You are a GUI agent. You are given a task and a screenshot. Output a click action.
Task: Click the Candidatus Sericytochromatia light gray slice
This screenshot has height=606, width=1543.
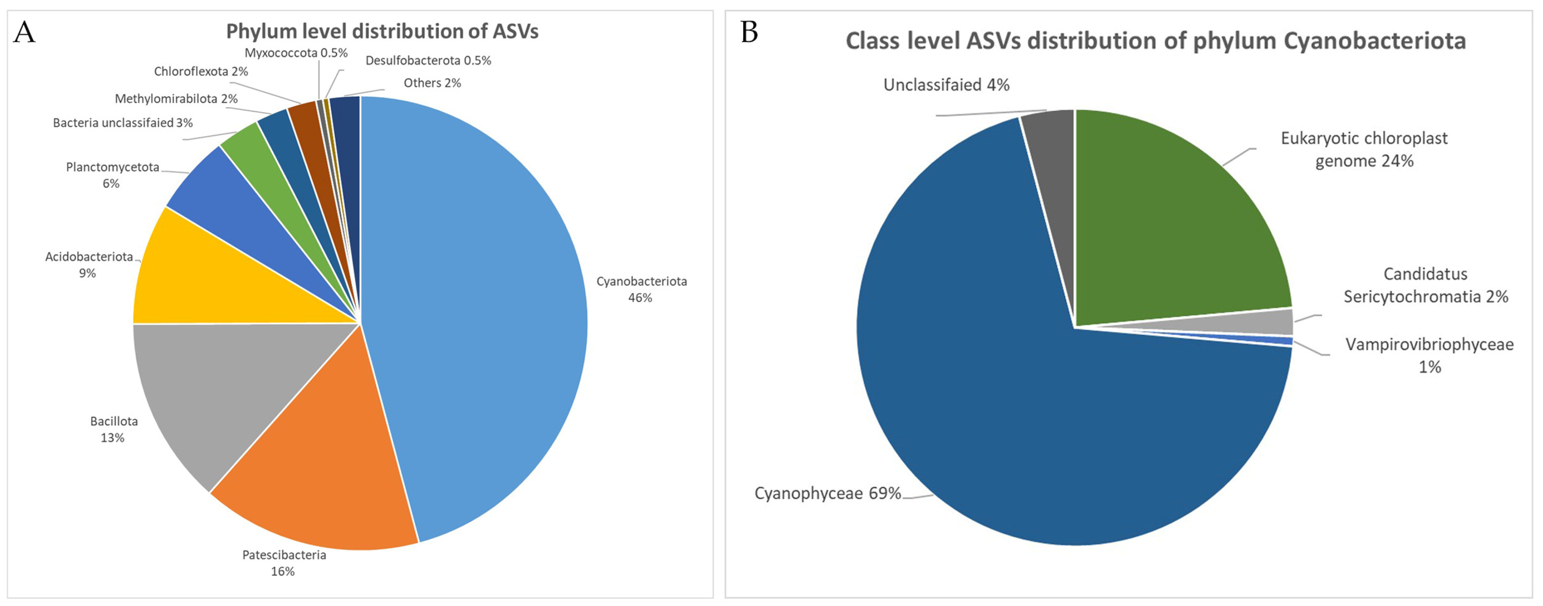point(1276,322)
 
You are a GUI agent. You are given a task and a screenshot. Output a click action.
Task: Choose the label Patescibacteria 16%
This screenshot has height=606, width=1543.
point(284,563)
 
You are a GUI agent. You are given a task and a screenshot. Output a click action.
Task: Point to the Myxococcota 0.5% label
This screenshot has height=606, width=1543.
point(296,53)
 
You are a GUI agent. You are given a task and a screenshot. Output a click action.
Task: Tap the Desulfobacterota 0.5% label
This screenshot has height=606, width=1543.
point(428,61)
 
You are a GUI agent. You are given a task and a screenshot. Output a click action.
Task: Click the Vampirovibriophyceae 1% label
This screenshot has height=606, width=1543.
point(1429,355)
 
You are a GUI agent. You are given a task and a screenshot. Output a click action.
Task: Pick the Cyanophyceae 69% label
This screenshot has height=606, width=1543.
point(827,493)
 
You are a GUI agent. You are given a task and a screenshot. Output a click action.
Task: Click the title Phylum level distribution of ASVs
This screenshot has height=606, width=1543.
point(382,31)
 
